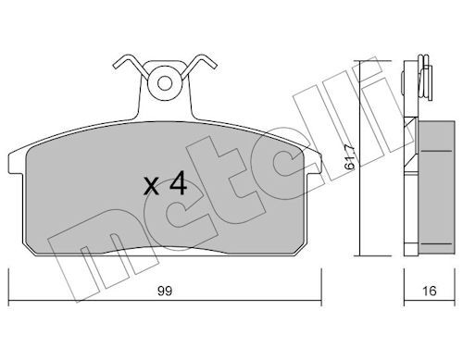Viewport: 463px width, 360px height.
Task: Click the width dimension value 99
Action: coord(165,291)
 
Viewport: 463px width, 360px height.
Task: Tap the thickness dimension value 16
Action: coord(430,291)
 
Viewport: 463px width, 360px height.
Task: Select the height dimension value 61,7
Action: coord(350,156)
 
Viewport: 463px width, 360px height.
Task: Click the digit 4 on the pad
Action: coord(178,183)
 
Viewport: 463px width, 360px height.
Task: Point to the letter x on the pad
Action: coord(151,187)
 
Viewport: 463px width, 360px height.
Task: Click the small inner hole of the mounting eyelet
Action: coord(164,83)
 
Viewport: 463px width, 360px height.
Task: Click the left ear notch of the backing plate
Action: coord(16,163)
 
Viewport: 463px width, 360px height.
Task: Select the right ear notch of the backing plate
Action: coord(314,163)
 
